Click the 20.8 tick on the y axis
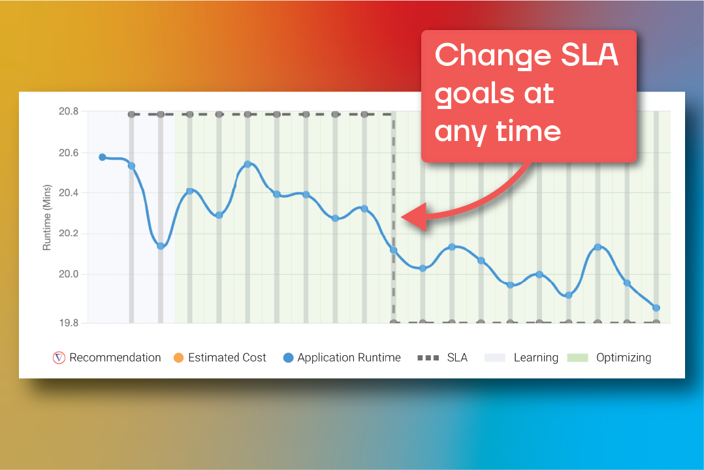[68, 112]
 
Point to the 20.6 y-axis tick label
[68, 153]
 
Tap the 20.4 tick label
[68, 193]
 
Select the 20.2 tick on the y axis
[68, 234]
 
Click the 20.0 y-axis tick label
[68, 274]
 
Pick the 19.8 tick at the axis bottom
[68, 323]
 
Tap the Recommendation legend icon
[59, 358]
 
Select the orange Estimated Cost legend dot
[178, 358]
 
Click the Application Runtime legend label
[349, 358]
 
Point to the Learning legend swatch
[494, 358]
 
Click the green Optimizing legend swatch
[577, 358]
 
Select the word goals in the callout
[477, 95]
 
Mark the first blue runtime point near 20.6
[103, 157]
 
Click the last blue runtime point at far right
[656, 307]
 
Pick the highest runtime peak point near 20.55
[248, 164]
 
